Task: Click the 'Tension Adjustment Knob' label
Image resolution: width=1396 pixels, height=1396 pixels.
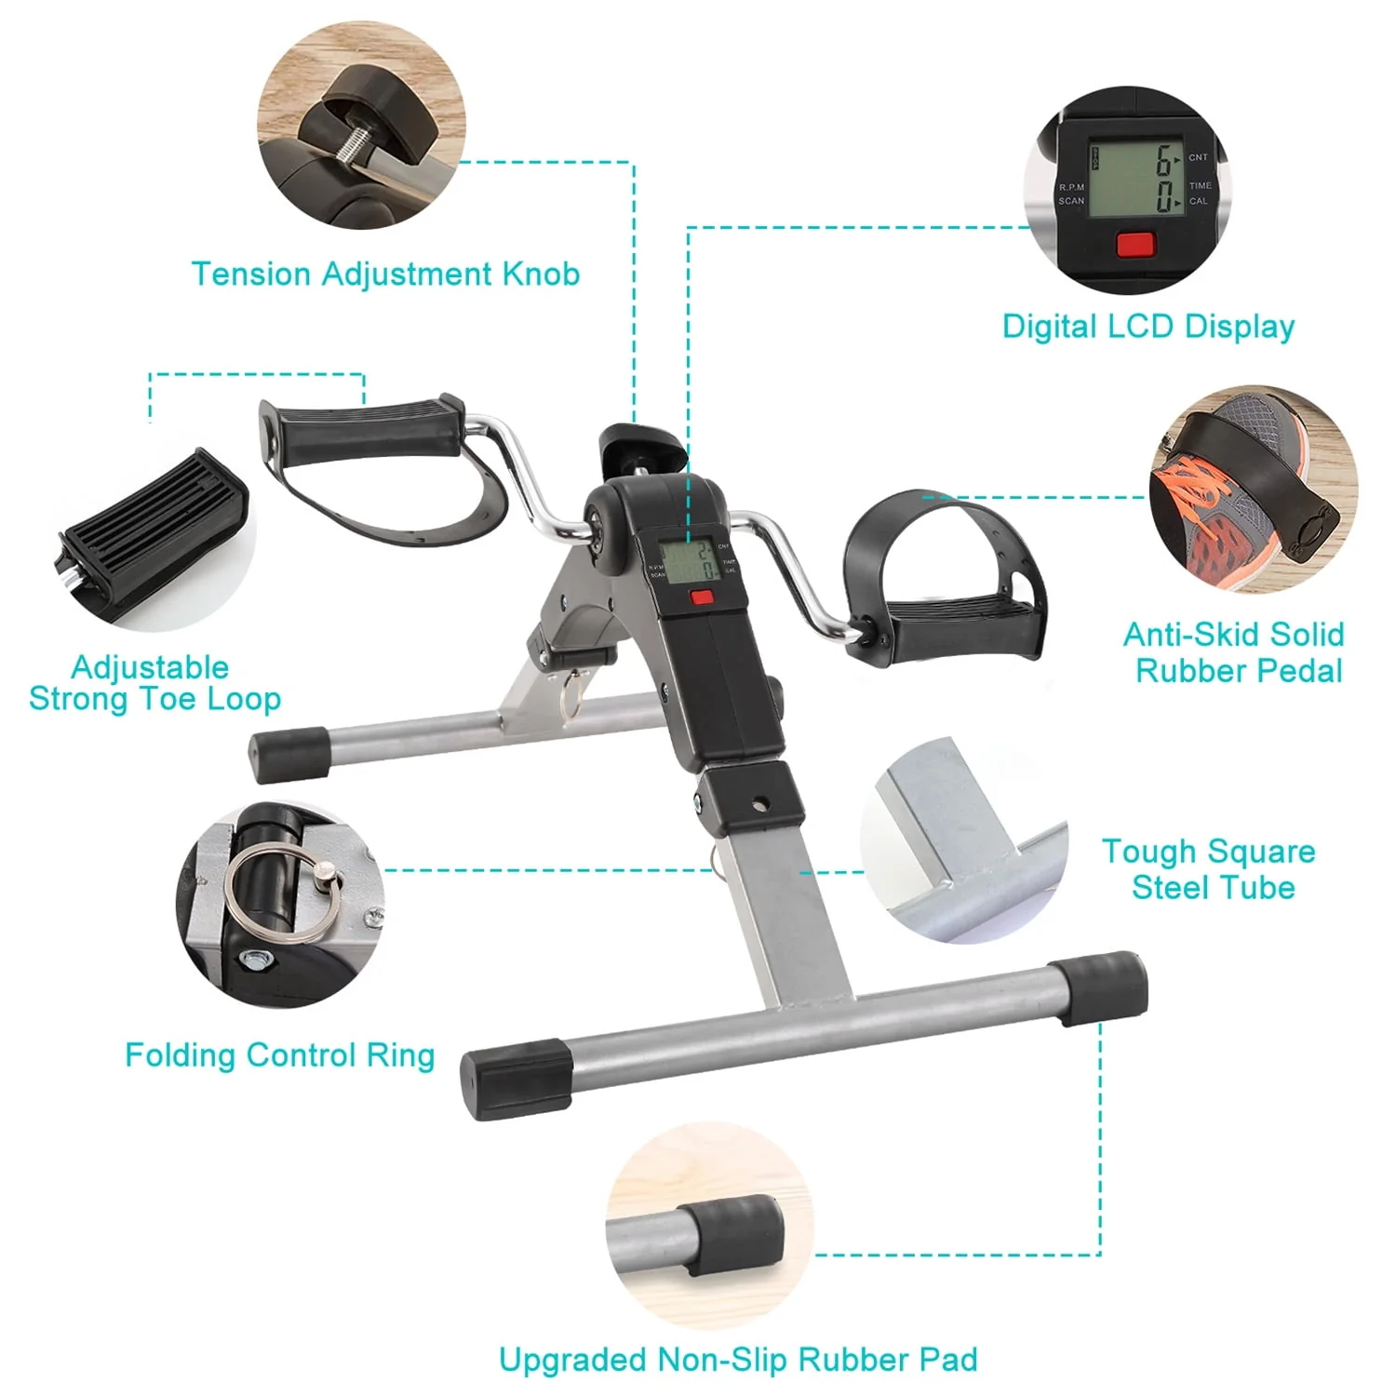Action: [x=385, y=275]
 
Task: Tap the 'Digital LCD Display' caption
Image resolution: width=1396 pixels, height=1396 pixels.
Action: [x=1148, y=327]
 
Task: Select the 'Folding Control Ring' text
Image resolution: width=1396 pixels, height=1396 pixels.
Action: [x=280, y=1055]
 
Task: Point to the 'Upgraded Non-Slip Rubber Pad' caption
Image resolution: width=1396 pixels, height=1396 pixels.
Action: [x=738, y=1360]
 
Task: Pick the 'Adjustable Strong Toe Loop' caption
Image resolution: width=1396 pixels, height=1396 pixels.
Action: [x=154, y=683]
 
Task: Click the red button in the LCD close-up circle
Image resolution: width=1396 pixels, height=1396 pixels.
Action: [x=1134, y=245]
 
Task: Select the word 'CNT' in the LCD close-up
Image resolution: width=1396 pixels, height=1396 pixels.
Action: [x=1198, y=157]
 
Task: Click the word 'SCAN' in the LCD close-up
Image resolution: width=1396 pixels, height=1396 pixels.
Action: [x=1071, y=201]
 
